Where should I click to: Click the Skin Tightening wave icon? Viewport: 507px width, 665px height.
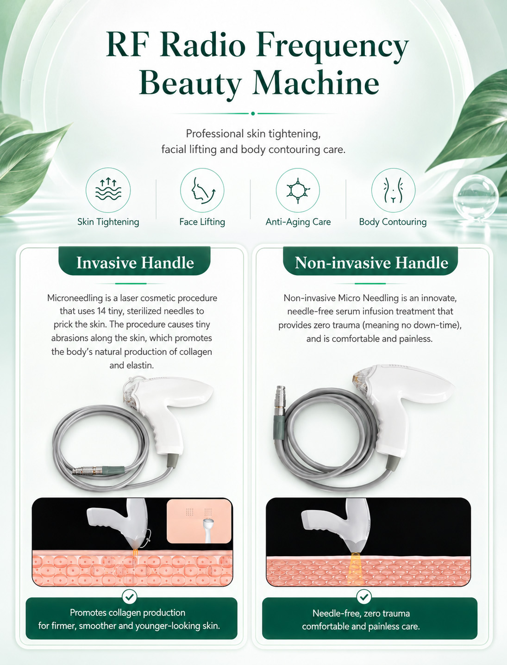[108, 190]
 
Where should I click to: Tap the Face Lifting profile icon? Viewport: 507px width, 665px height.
[202, 190]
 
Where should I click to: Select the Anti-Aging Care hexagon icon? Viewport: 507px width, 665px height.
[298, 190]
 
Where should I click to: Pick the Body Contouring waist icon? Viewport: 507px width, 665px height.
[394, 190]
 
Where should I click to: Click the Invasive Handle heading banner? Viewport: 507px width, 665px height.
[135, 261]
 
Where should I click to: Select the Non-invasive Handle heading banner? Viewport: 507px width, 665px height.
[370, 261]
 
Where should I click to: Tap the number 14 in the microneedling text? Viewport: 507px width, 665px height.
[101, 311]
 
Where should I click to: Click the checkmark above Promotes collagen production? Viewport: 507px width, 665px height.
[129, 597]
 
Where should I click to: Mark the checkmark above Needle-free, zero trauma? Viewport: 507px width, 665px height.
[364, 597]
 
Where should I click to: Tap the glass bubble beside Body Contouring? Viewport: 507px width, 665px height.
[476, 197]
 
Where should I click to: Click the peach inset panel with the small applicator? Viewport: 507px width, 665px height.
[200, 522]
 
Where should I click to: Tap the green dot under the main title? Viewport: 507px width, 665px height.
[253, 114]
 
